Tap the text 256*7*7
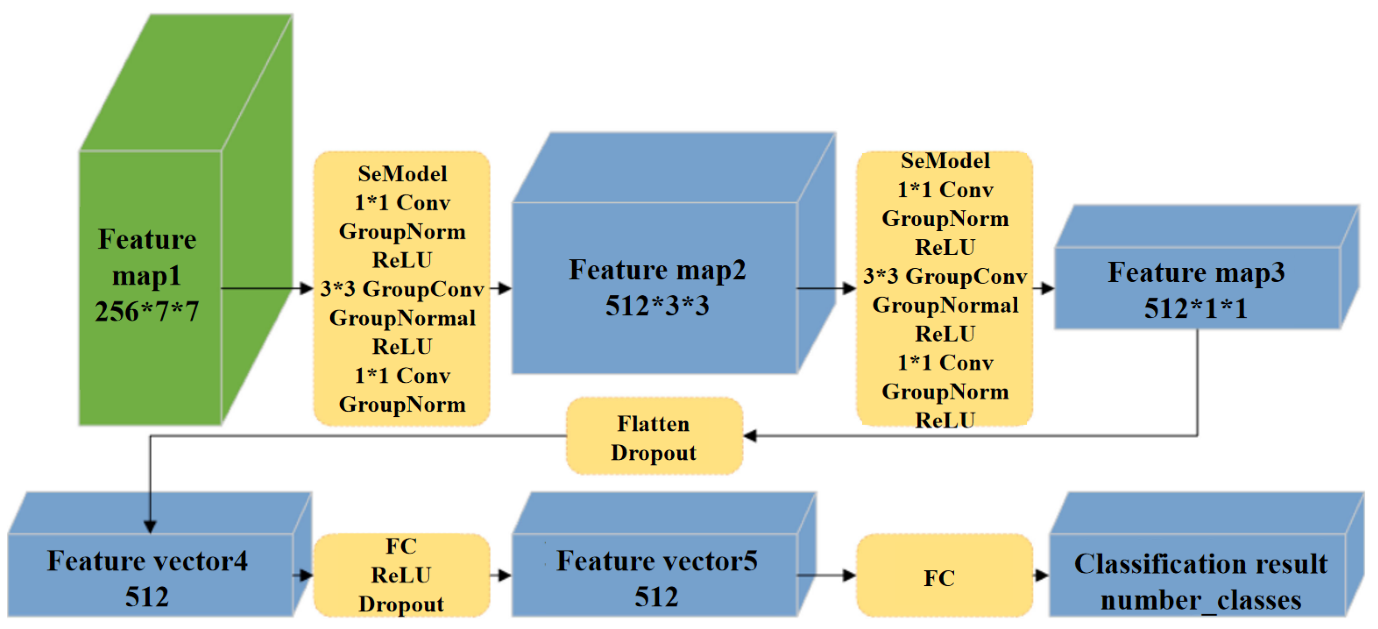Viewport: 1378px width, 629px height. pos(147,311)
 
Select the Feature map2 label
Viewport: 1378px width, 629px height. pos(657,270)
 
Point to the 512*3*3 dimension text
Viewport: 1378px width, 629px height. pos(657,306)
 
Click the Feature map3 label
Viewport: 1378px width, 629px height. pos(1196,273)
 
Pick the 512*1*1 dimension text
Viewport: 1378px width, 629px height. pos(1196,309)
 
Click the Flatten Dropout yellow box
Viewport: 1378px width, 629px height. pos(654,436)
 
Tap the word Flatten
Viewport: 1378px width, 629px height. pos(653,424)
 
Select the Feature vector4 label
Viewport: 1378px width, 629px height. pos(147,561)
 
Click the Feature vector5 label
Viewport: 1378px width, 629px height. pos(657,561)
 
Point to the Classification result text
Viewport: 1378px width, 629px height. pos(1201,564)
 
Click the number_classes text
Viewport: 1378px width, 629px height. pos(1201,600)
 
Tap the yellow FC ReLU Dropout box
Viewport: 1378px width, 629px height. pos(402,575)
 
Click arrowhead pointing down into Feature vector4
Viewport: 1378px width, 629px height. pos(150,527)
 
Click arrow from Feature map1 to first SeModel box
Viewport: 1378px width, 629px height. pos(267,289)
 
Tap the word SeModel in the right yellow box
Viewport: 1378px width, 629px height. pos(945,161)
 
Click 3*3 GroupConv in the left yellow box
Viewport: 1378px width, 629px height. pos(402,289)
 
